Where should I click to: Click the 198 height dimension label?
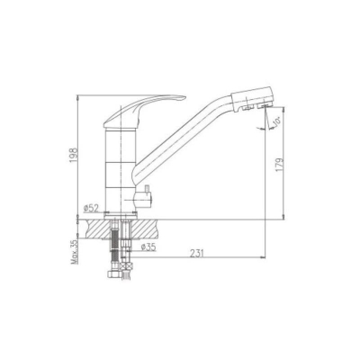(74, 155)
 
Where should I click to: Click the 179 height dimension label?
(279, 166)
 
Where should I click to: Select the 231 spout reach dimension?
(196, 254)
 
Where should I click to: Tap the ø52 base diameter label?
(91, 208)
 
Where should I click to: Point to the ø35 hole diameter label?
(148, 247)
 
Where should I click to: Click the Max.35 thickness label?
(75, 252)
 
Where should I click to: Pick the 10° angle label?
(276, 121)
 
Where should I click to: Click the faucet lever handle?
(141, 110)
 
